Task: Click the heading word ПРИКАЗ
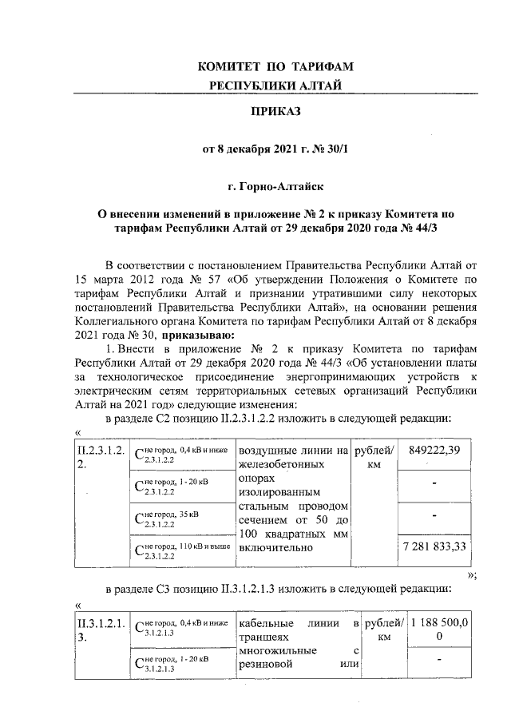click(x=275, y=111)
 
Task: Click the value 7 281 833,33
click(x=431, y=549)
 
